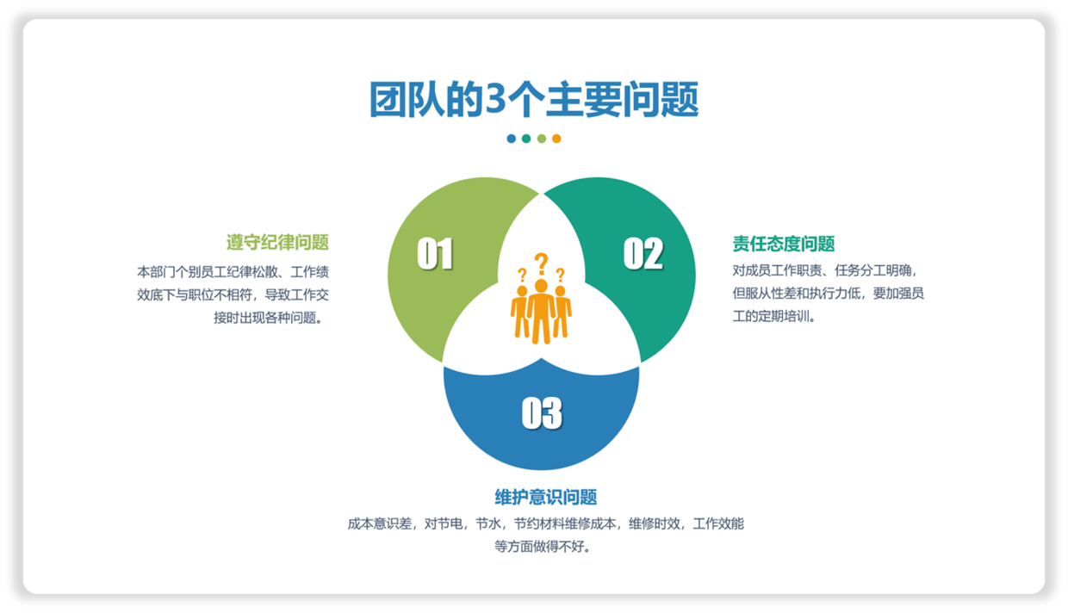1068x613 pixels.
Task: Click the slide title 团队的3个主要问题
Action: point(534,99)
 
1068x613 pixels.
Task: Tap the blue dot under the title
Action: point(511,139)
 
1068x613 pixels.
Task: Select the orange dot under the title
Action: point(556,139)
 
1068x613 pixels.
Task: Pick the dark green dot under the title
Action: point(526,139)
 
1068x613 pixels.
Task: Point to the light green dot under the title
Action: point(542,139)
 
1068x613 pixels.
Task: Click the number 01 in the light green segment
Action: point(435,254)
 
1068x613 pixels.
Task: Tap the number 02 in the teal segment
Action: point(643,253)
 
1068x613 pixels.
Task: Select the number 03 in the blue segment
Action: point(542,412)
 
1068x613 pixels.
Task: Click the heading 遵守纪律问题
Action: point(277,242)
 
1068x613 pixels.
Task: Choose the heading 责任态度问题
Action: point(784,244)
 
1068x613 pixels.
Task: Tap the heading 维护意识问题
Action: point(545,497)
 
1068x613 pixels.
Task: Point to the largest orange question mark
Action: point(541,263)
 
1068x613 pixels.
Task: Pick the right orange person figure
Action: point(562,313)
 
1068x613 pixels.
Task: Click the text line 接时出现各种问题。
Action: point(270,318)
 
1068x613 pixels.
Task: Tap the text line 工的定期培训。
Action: point(773,316)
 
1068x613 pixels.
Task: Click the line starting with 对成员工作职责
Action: point(825,270)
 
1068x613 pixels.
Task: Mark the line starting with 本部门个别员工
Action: point(233,272)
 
